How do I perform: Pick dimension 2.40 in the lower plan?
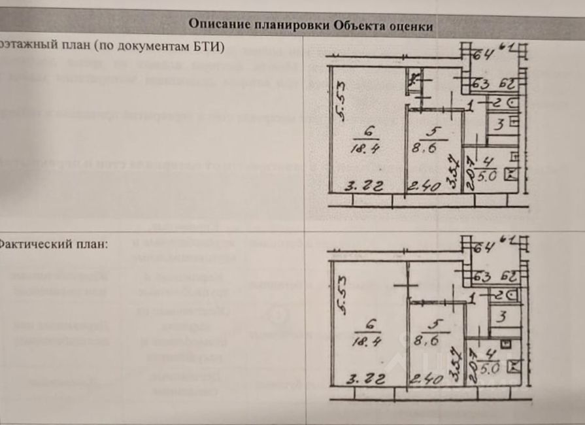[x=426, y=378]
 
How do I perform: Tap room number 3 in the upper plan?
[x=498, y=124]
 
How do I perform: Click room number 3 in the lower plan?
[x=501, y=318]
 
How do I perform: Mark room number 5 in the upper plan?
[x=434, y=129]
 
